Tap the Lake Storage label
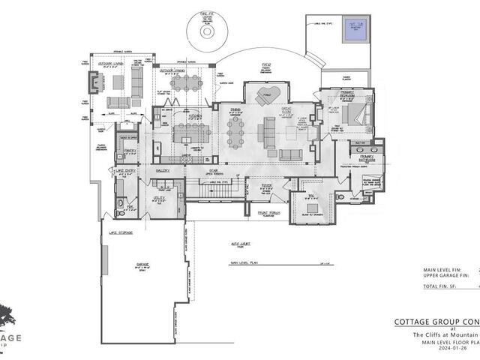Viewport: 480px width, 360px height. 120,233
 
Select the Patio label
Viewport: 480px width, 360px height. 265,66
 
